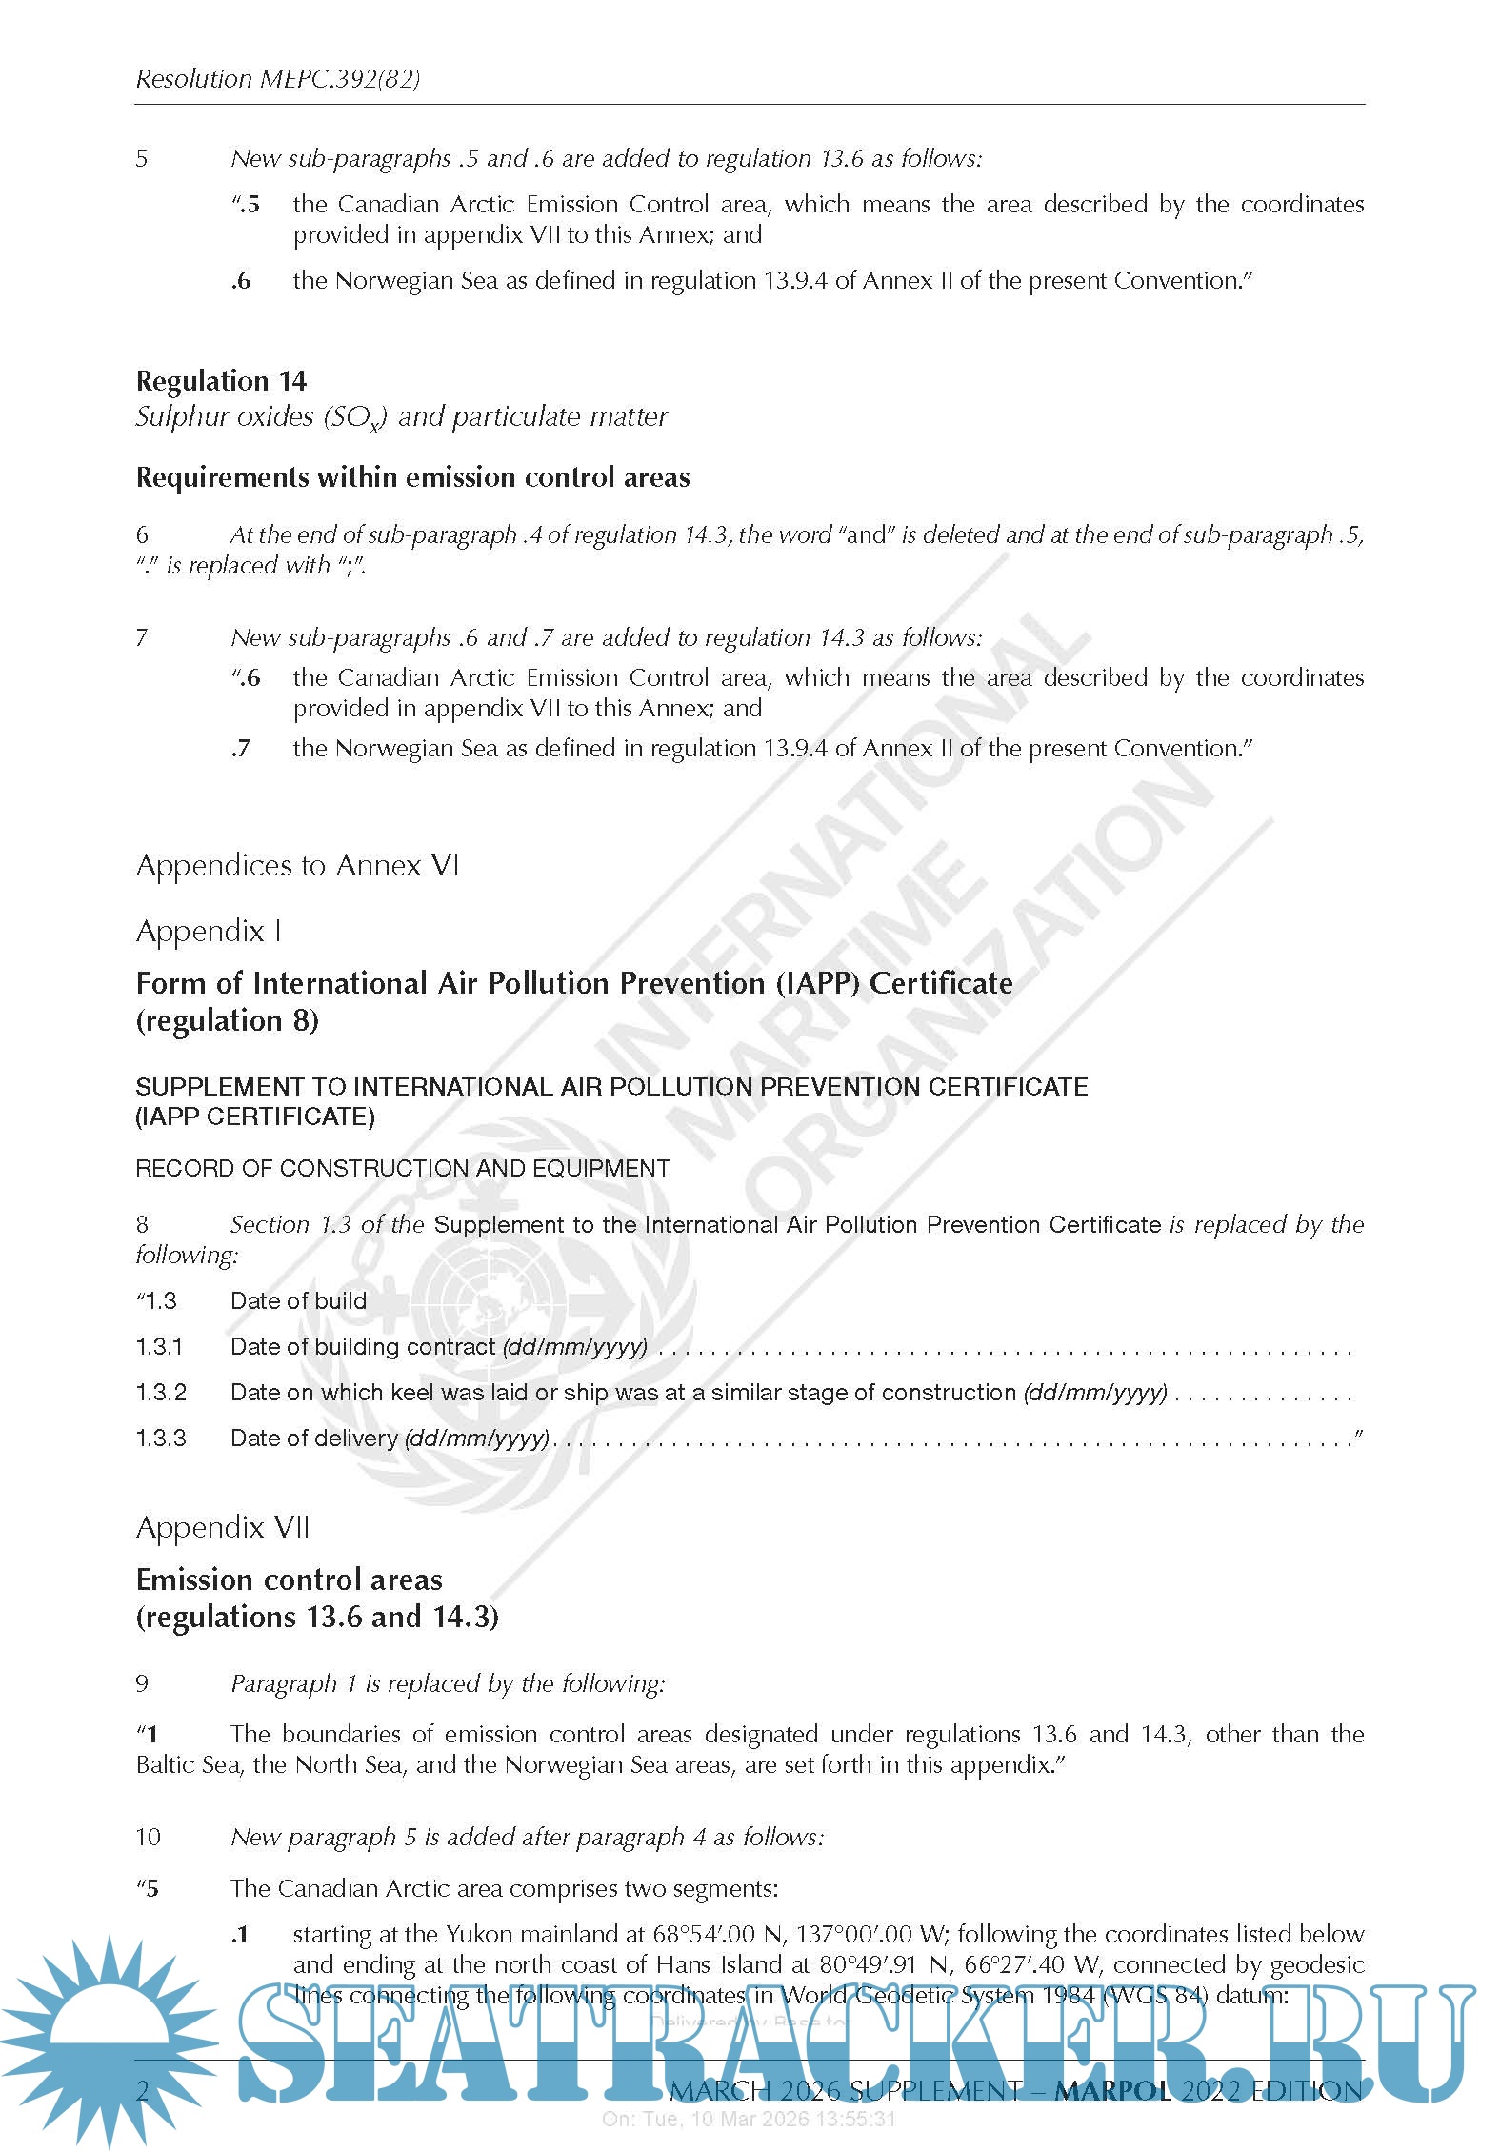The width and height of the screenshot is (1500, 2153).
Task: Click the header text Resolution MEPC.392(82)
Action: (x=277, y=79)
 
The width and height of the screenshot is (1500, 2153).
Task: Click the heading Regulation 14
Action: (x=221, y=381)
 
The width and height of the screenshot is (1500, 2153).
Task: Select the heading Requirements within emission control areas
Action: (x=412, y=477)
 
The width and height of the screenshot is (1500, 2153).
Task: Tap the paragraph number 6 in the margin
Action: (x=142, y=535)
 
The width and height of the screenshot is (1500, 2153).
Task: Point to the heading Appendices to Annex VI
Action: (x=297, y=865)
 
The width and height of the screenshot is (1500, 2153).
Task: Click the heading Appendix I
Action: (x=209, y=931)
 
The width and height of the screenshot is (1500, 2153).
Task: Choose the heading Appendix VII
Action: (x=223, y=1527)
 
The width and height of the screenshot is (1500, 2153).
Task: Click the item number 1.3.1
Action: (x=159, y=1346)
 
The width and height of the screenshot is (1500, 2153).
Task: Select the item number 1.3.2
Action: (x=161, y=1392)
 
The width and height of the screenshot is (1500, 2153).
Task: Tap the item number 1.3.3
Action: (x=161, y=1438)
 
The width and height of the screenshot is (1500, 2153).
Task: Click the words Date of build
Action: (x=298, y=1300)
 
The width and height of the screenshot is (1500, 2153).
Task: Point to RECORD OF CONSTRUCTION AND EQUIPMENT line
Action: (x=403, y=1168)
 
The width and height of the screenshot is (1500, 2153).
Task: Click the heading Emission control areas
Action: (x=289, y=1580)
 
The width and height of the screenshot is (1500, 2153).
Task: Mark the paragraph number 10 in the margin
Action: (x=148, y=1837)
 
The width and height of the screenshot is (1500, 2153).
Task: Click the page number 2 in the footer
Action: (x=143, y=2090)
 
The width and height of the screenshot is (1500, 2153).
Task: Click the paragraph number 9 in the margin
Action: (x=142, y=1683)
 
